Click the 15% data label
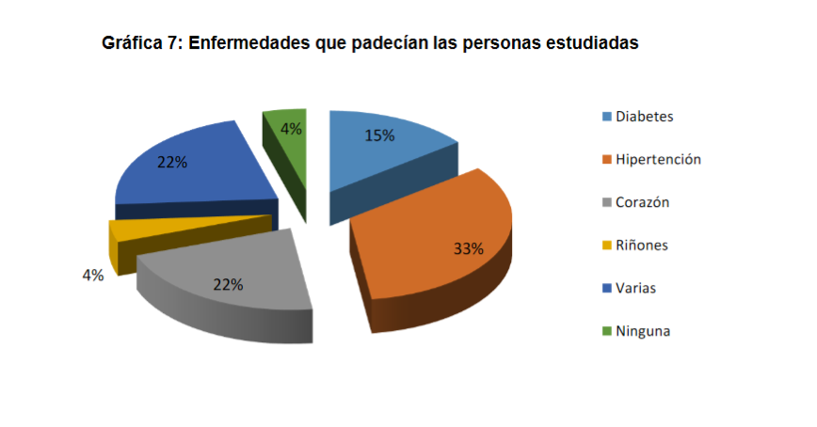point(379,135)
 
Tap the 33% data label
point(468,249)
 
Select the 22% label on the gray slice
point(228,284)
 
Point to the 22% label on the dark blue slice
point(172,162)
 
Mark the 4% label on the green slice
point(291,129)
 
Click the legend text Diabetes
point(645,117)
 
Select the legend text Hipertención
point(658,159)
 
